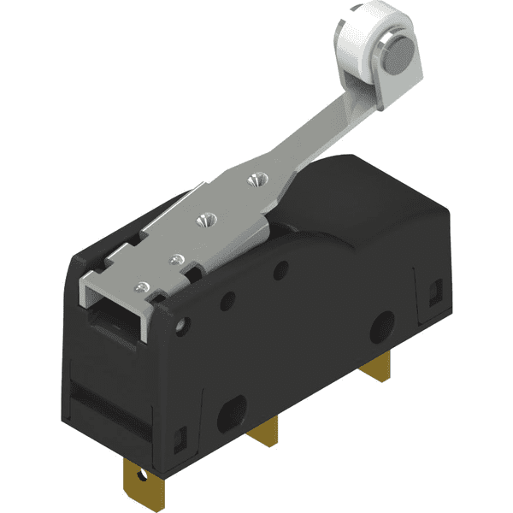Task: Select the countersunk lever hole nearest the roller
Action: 252,180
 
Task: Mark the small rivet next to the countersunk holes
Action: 177,256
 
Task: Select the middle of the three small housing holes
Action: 227,301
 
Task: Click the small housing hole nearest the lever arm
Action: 278,273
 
